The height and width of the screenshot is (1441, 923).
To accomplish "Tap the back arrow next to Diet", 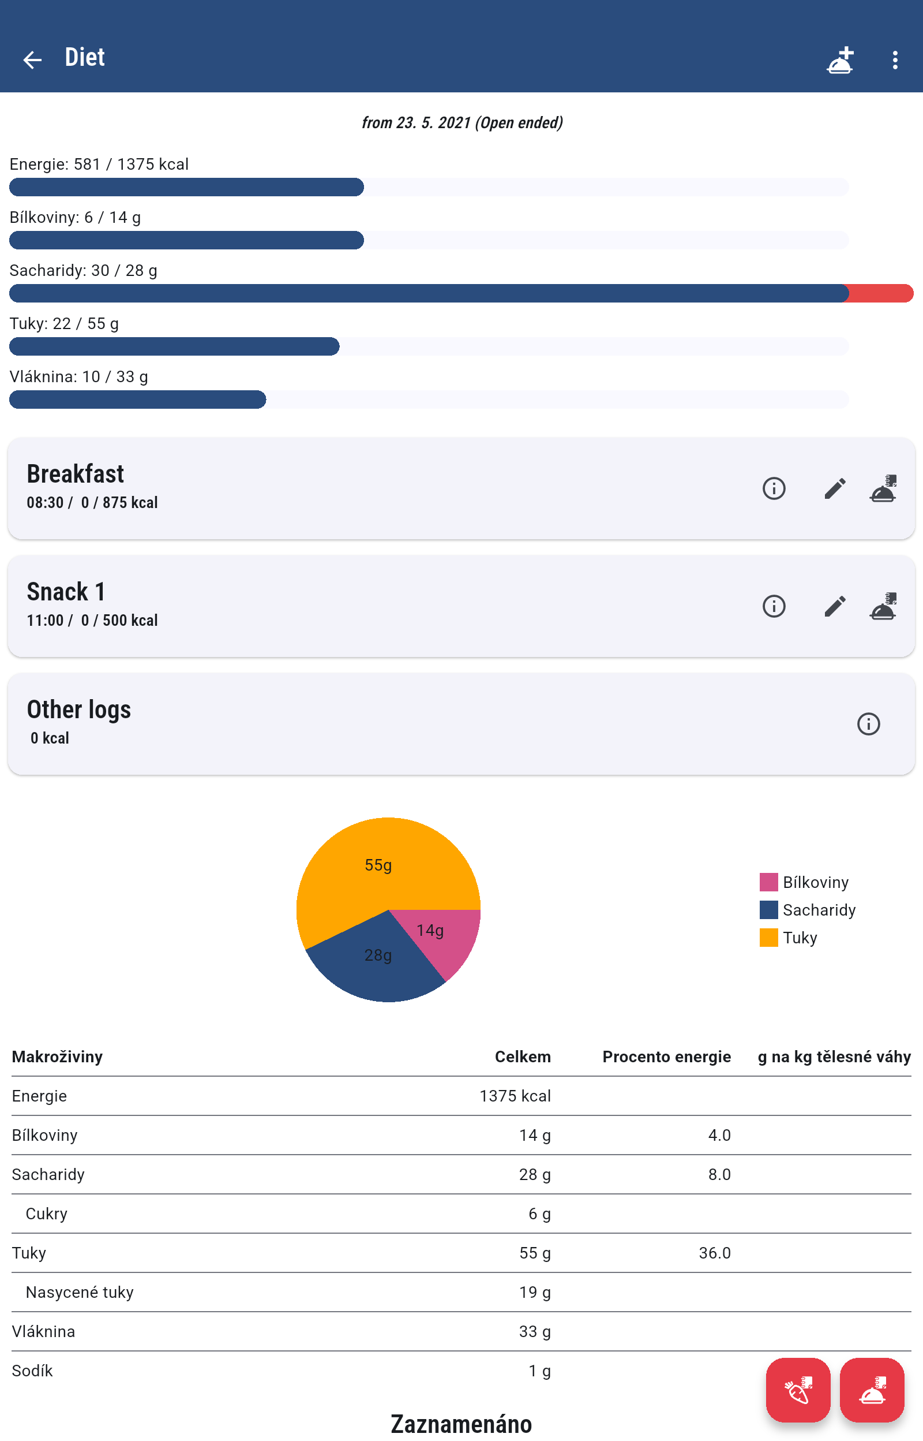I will pos(32,59).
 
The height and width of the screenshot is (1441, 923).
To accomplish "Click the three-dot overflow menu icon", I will pos(894,59).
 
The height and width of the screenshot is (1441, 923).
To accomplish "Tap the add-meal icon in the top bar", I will pos(840,59).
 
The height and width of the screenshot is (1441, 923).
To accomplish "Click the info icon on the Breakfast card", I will pos(774,488).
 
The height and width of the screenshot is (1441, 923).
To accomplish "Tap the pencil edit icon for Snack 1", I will pos(834,606).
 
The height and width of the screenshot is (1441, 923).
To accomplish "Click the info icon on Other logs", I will pos(868,724).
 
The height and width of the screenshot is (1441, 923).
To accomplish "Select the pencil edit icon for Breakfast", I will pos(834,488).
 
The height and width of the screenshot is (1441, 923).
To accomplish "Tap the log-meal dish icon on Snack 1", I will pos(883,606).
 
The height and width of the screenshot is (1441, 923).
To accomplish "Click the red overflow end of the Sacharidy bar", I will pos(880,293).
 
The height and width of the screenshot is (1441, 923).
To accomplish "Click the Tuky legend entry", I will pos(800,937).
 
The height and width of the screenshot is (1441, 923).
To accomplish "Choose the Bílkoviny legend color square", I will pos(768,882).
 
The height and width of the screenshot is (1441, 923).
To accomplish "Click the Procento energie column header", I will pos(666,1056).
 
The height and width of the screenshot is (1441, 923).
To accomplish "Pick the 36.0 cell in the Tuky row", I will pos(714,1252).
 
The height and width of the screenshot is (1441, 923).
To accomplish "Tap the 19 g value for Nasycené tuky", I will pos(534,1291).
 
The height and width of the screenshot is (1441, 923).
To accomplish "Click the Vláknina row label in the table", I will pos(43,1331).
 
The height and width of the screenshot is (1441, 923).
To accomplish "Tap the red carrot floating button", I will pos(798,1390).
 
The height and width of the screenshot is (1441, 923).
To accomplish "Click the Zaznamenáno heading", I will pos(461,1424).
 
